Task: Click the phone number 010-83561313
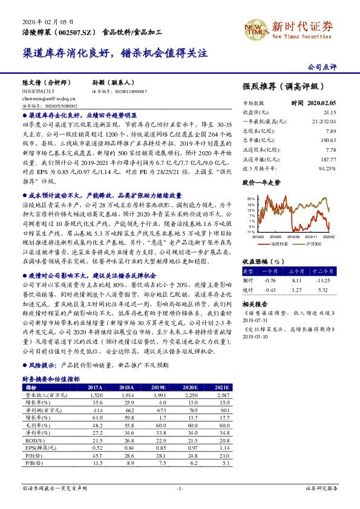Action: pyautogui.click(x=39, y=91)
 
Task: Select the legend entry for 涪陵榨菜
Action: pyautogui.click(x=279, y=244)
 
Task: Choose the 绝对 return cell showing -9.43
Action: pyautogui.click(x=270, y=290)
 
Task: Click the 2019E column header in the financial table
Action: pyautogui.click(x=159, y=387)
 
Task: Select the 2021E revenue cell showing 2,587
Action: pyautogui.click(x=221, y=395)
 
